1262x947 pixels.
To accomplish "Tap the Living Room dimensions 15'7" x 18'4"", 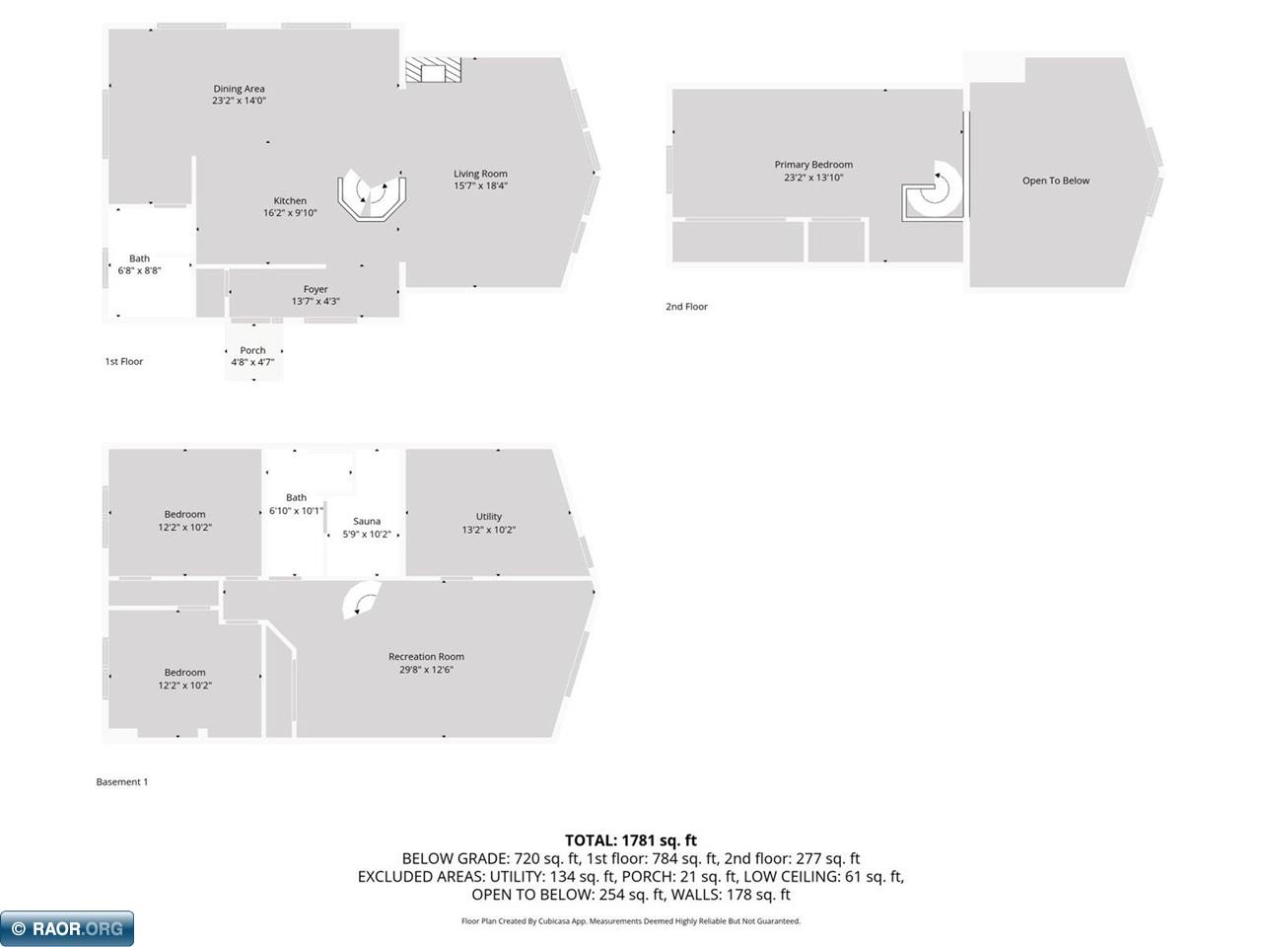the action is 480,185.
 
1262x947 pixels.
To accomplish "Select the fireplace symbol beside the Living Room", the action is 433,70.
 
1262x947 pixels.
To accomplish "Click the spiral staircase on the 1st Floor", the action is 372,194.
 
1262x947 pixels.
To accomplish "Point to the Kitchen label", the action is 290,200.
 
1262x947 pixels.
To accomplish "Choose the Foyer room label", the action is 315,289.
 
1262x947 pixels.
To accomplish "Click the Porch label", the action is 252,350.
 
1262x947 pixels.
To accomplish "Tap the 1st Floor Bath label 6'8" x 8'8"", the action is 139,264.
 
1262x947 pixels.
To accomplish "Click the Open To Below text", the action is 1056,181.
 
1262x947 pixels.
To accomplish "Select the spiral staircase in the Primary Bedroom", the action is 933,190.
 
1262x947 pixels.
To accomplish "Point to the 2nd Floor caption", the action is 686,307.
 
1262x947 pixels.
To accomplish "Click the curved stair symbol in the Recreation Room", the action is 361,600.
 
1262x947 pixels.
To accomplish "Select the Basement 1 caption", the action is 122,781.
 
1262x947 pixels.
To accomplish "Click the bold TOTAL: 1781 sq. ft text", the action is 631,840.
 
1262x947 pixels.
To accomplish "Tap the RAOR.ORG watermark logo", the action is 67,928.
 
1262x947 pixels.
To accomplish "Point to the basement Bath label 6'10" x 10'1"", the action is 296,504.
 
